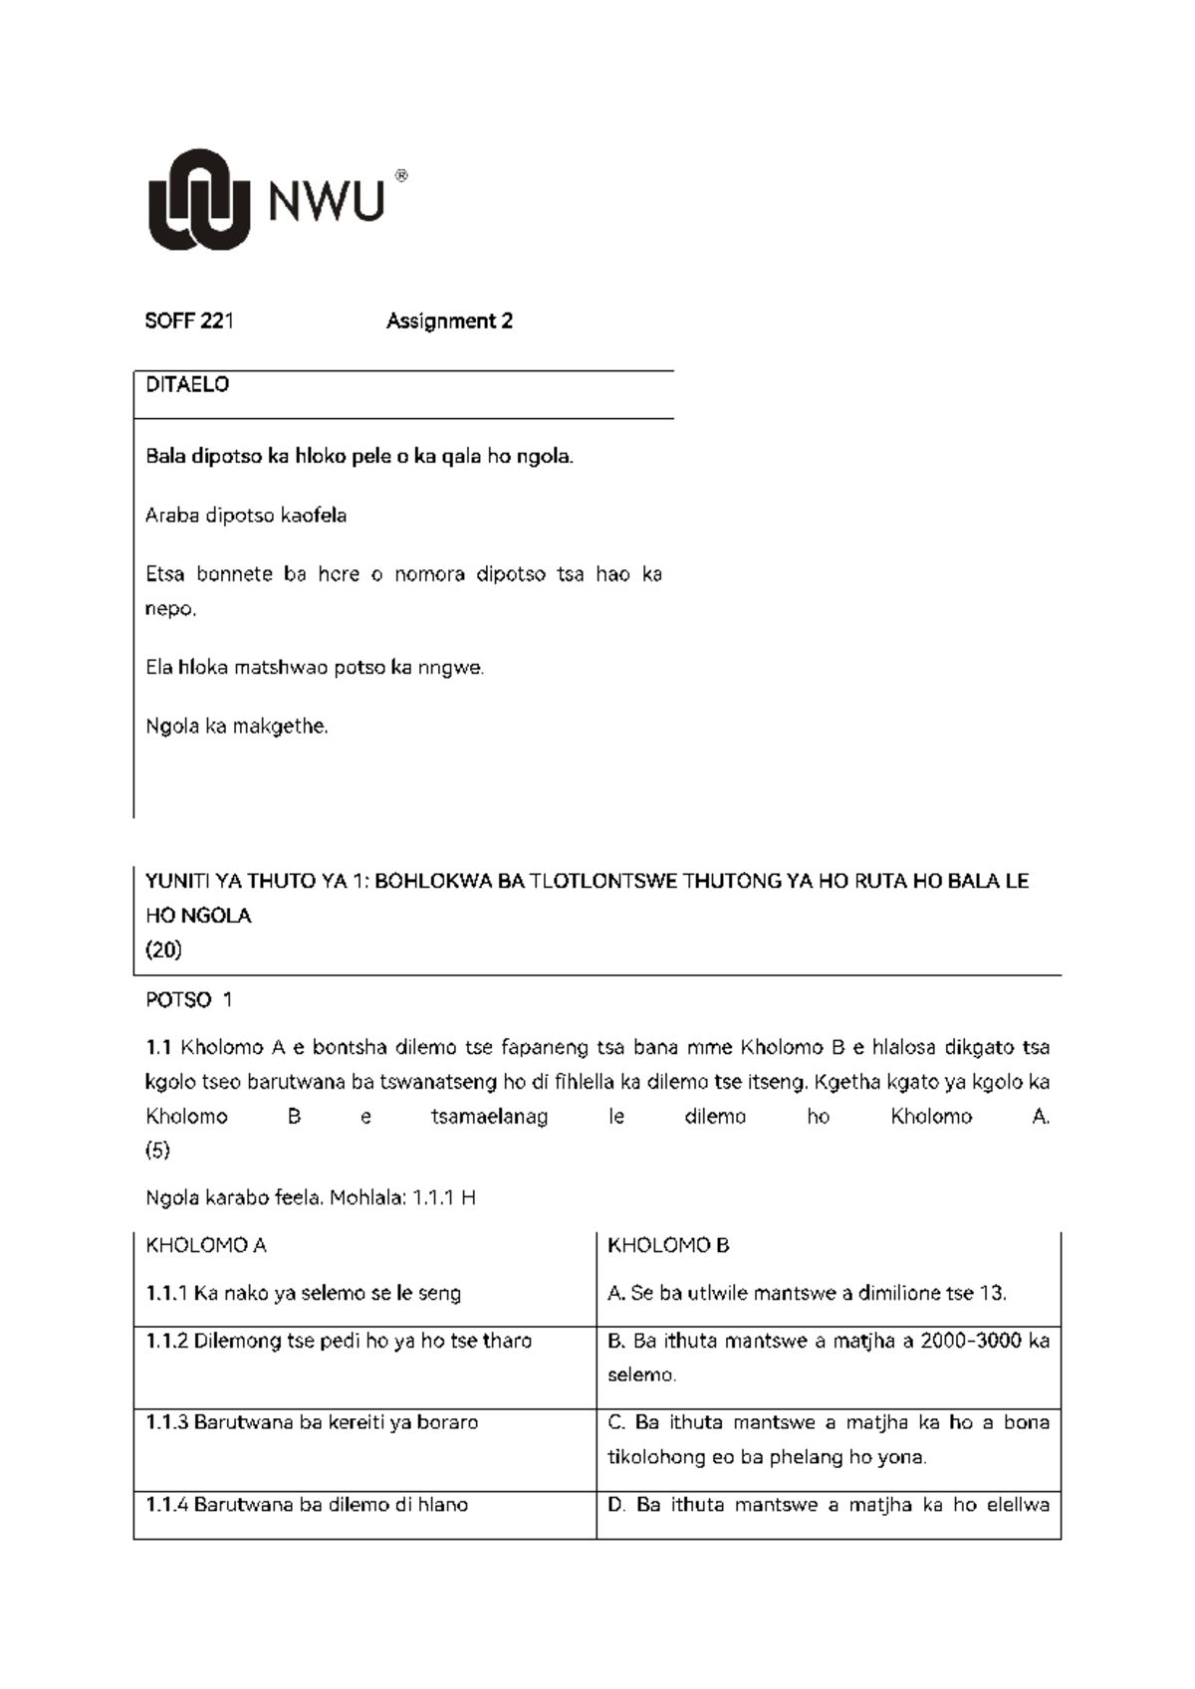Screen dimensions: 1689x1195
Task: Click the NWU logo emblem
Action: click(199, 199)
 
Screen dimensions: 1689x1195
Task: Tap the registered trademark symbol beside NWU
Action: click(401, 176)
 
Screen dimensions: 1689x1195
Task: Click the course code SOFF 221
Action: click(189, 321)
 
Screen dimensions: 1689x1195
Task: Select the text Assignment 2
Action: click(449, 321)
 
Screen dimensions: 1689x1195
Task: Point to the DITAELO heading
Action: click(187, 385)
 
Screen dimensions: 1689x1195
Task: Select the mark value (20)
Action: click(163, 950)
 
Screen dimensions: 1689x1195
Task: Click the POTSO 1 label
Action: click(188, 1000)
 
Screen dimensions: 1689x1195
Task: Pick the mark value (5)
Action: click(157, 1151)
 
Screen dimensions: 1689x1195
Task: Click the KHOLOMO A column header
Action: click(205, 1246)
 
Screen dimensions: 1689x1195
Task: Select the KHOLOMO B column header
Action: click(668, 1246)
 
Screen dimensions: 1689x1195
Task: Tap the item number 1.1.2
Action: click(166, 1341)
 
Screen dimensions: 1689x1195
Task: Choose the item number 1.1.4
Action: click(166, 1505)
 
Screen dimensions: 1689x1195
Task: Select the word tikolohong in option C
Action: click(658, 1457)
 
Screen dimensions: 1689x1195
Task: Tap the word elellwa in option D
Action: click(1018, 1505)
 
